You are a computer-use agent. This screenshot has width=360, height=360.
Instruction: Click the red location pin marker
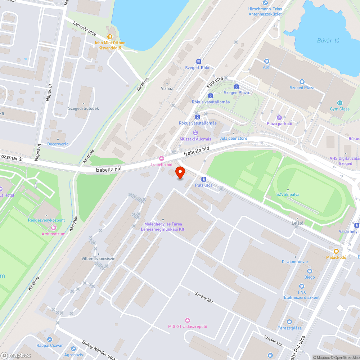pos(180,173)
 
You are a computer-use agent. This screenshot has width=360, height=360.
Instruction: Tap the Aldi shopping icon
pos(266,61)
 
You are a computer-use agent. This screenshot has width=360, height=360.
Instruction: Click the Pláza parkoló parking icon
pos(279,117)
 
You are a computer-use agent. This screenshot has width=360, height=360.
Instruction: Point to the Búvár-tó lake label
pos(328,40)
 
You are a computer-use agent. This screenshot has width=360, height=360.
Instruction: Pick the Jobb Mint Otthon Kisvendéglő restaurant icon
pos(110,36)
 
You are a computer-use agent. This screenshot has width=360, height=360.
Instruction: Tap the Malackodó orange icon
pos(336,251)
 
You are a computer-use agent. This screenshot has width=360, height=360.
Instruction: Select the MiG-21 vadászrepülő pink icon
pos(187,320)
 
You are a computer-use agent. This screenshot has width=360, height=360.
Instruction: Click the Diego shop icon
pos(309,271)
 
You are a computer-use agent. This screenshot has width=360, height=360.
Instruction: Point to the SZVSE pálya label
pos(288,194)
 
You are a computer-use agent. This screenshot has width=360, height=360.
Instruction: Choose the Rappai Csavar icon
pos(50,339)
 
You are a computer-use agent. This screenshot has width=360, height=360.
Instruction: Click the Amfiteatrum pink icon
pos(53,228)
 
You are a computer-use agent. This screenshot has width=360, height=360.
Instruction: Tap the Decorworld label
pos(58,144)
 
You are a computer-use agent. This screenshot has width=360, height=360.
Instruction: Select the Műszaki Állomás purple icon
pos(195,133)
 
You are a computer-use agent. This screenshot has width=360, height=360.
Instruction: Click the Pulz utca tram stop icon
pos(204,179)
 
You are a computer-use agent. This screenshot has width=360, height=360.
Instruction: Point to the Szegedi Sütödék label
pos(84,108)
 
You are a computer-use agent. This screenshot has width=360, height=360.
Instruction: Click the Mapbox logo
pos(16,355)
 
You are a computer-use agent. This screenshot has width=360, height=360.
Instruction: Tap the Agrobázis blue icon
pos(73,349)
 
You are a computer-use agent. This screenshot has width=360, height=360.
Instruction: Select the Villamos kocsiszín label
pos(98,258)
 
